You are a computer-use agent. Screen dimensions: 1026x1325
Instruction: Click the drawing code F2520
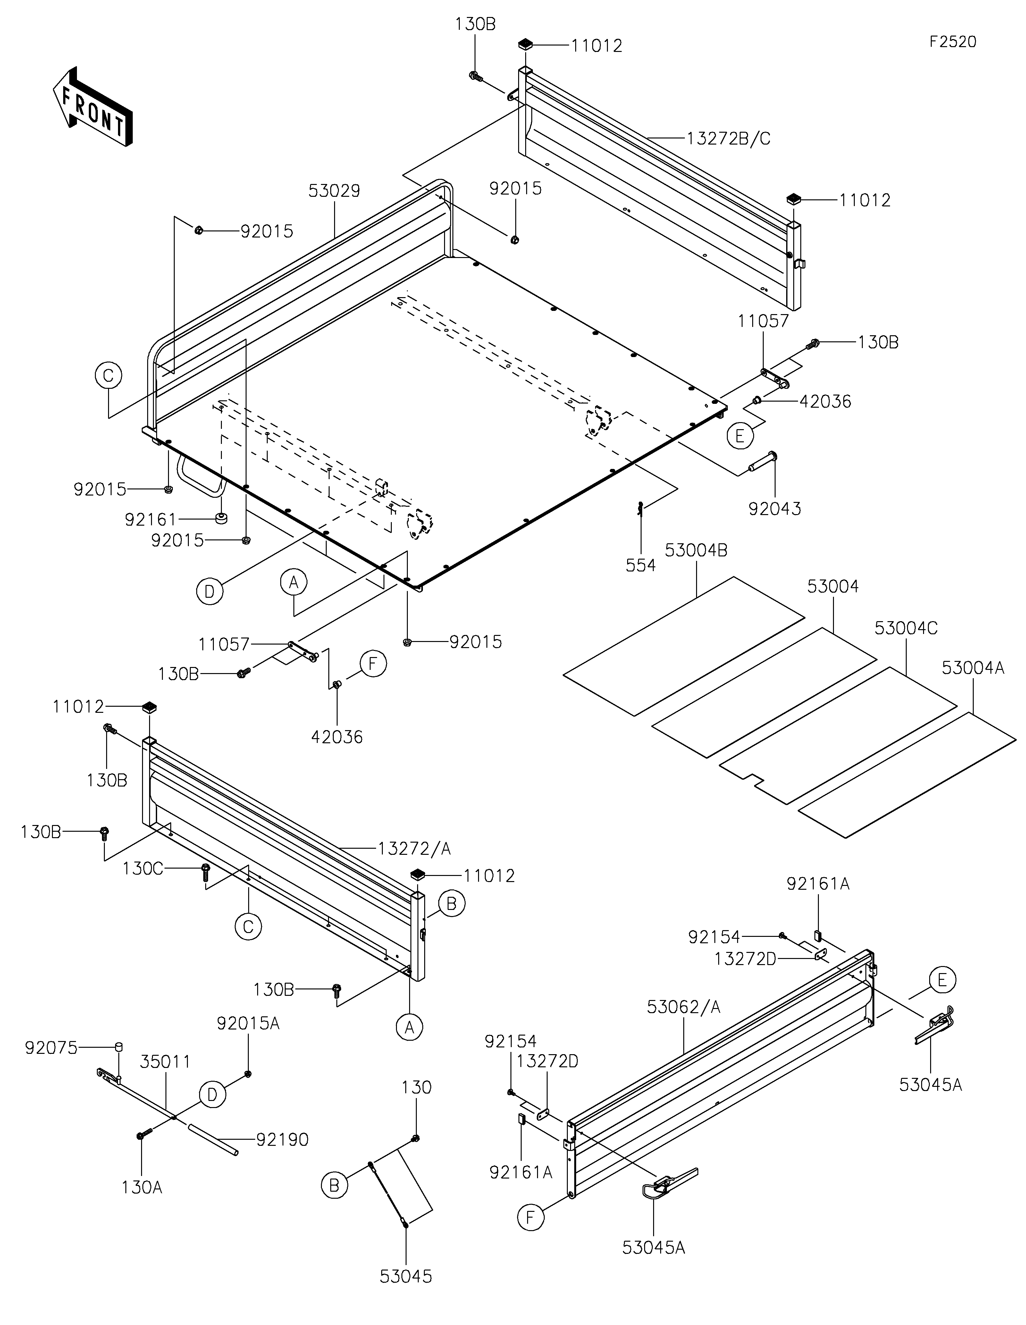[953, 42]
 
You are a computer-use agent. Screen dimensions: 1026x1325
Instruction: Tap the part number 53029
[334, 191]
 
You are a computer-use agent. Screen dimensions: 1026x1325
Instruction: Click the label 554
[641, 565]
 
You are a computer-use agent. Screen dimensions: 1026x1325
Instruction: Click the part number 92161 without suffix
[150, 520]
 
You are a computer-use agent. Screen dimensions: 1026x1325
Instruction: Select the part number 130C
[143, 869]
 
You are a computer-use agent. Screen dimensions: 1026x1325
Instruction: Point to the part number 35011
[165, 1062]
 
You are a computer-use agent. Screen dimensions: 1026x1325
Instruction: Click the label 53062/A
[684, 1007]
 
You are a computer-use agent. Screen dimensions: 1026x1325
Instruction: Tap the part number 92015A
[248, 1023]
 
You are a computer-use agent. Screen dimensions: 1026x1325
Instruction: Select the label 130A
[142, 1187]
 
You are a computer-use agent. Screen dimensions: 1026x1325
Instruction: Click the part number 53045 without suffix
[406, 1277]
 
